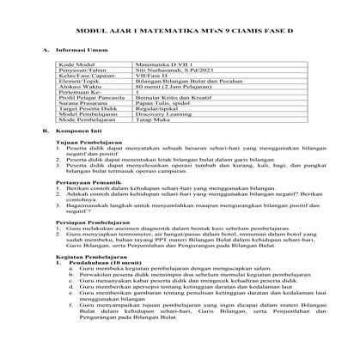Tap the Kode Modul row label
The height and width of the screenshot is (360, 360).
(78, 64)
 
